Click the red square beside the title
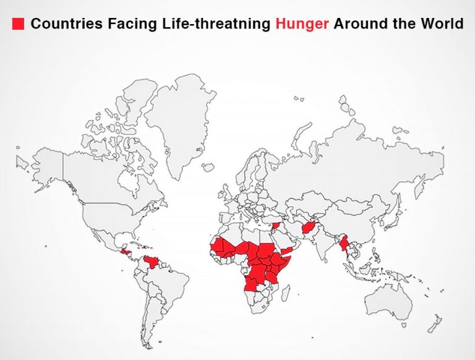click(x=18, y=24)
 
